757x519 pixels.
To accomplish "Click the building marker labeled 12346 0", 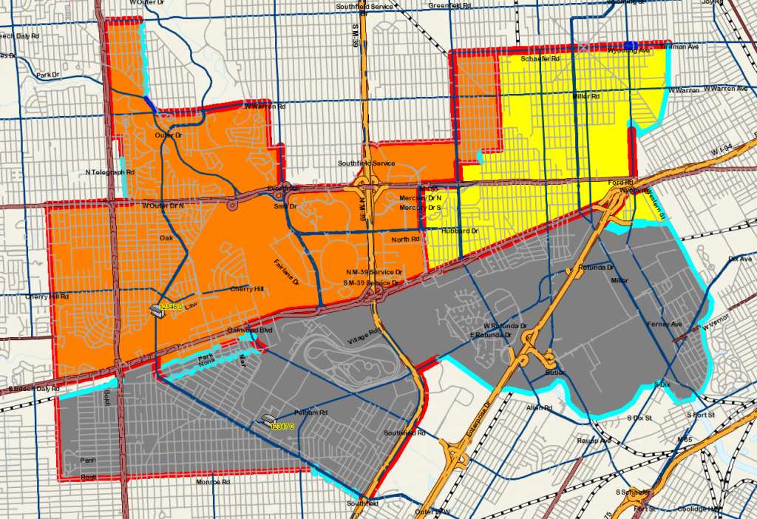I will coord(157,310).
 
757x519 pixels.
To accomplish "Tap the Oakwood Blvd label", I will coord(250,330).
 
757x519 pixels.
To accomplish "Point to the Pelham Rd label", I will coord(310,413).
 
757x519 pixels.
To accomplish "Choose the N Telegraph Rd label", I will coord(110,172).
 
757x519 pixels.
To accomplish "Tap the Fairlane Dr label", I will coord(285,272).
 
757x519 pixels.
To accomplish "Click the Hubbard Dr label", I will coord(460,231).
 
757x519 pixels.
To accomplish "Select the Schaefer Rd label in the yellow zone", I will coord(540,58).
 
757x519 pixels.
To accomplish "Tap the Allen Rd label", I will coord(539,407).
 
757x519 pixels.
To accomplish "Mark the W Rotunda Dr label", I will coord(505,325).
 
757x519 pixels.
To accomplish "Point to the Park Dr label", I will coord(47,75).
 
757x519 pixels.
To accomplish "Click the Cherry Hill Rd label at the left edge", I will coord(46,296).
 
